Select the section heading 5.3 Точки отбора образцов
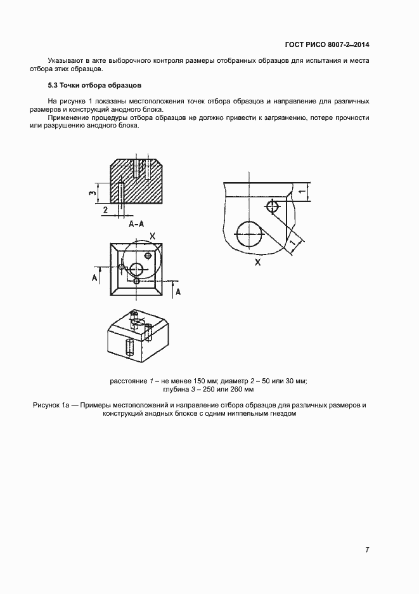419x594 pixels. click(94, 84)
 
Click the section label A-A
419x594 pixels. click(136, 225)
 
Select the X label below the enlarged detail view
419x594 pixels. click(258, 261)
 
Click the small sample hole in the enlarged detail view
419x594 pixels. click(273, 206)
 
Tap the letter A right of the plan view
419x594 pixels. click(179, 291)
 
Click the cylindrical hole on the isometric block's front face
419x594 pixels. click(129, 347)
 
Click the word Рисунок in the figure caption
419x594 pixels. click(47, 405)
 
